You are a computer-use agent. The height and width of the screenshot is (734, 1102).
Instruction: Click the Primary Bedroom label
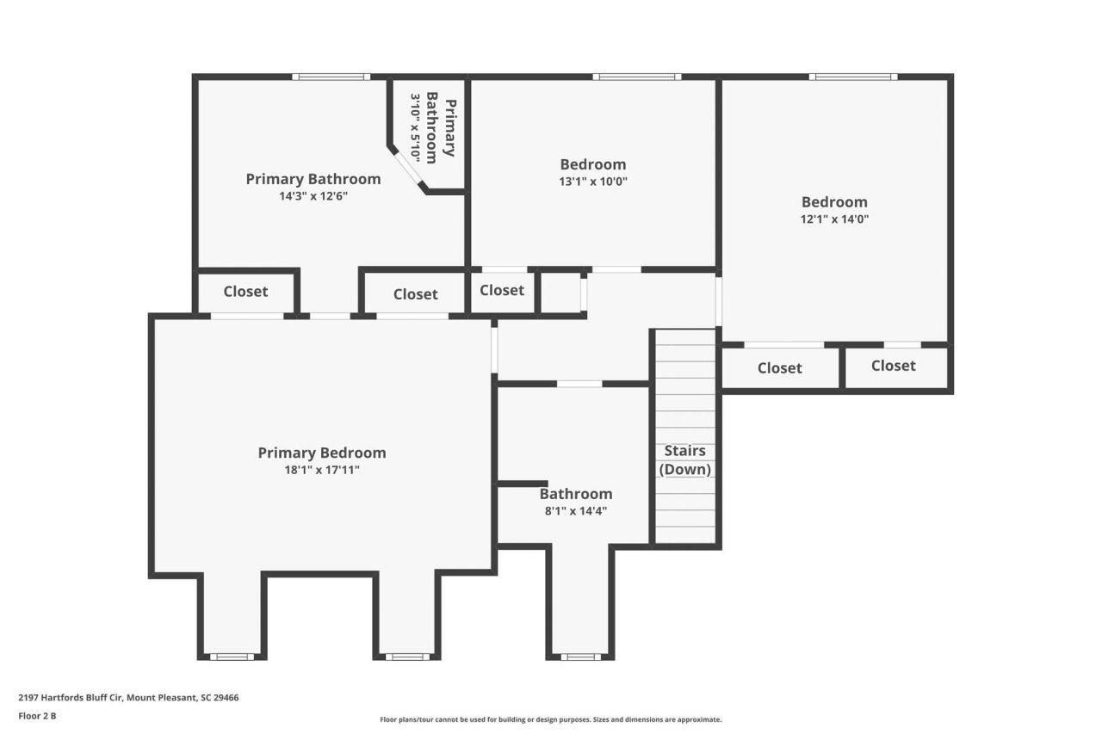pyautogui.click(x=322, y=453)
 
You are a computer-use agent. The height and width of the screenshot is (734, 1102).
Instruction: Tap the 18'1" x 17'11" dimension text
pyautogui.click(x=321, y=470)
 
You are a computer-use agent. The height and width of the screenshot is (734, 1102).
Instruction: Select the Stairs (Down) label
pyautogui.click(x=684, y=460)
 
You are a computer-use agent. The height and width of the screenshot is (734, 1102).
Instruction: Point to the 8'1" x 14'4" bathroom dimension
pyautogui.click(x=576, y=510)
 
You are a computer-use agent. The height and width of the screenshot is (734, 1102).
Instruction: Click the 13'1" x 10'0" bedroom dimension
pyautogui.click(x=592, y=182)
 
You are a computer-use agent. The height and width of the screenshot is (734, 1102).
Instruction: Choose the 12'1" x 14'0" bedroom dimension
pyautogui.click(x=834, y=219)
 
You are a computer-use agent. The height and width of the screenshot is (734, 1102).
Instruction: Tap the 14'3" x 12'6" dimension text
pyautogui.click(x=313, y=196)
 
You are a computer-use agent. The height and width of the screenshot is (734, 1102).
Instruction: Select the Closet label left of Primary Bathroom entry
pyautogui.click(x=245, y=292)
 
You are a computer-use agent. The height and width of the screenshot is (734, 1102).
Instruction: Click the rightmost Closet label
pyautogui.click(x=893, y=366)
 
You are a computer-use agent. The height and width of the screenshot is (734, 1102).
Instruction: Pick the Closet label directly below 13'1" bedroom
pyautogui.click(x=502, y=291)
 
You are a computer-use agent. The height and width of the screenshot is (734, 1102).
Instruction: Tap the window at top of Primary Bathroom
pyautogui.click(x=331, y=77)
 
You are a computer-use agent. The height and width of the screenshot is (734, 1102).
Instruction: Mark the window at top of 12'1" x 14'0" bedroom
pyautogui.click(x=852, y=77)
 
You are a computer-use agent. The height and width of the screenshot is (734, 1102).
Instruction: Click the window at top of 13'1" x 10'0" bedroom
pyautogui.click(x=636, y=77)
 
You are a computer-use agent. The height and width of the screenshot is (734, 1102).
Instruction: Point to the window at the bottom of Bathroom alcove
pyautogui.click(x=579, y=657)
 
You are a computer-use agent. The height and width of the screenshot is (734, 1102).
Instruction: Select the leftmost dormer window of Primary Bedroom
pyautogui.click(x=232, y=657)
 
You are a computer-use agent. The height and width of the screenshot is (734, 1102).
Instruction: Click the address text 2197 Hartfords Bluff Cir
pyautogui.click(x=128, y=698)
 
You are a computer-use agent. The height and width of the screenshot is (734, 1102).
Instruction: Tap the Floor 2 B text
pyautogui.click(x=37, y=715)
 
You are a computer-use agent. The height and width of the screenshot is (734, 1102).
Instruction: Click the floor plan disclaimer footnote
pyautogui.click(x=551, y=719)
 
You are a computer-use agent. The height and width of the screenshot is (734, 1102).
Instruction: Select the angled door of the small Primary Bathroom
pyautogui.click(x=410, y=169)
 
